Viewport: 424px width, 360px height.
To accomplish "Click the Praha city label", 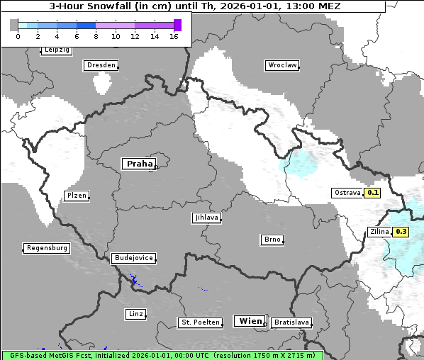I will coord(139,164).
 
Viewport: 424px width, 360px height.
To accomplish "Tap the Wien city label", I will coord(250,321).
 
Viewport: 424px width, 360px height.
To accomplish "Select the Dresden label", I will coord(101,65).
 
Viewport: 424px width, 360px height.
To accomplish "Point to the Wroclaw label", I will coord(281,65).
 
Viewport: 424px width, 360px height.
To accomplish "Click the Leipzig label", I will coord(57,50).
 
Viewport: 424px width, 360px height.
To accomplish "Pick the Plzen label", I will coord(76,196).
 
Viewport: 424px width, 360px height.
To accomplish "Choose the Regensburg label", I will coord(47,248).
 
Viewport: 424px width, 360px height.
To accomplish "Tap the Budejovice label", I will coord(133,258).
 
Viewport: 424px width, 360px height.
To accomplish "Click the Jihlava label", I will coord(206,218).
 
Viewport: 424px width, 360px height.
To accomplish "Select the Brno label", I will coord(272,240).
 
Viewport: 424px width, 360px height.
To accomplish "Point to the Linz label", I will coord(135,313).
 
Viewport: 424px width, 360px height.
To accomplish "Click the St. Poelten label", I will coord(200,322).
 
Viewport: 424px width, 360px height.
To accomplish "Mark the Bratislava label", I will coord(291,322).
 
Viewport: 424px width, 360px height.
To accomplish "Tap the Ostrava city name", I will coord(347,193).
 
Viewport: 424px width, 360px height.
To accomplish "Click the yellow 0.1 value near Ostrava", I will coord(373,193).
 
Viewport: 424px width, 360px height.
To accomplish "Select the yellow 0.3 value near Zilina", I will coord(401,232).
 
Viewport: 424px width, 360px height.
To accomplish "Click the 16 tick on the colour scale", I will coord(174,36).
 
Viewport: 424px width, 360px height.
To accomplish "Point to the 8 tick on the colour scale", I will coord(96,36).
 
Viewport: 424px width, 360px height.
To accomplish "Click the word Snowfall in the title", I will coord(111,6).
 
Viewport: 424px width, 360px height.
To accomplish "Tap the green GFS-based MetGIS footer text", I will coord(162,355).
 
